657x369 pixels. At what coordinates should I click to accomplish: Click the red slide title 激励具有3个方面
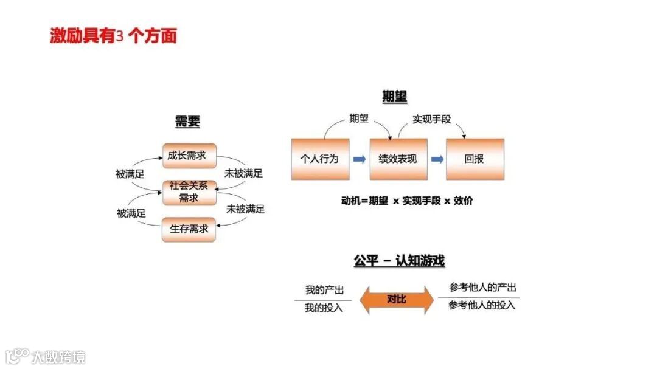(113, 36)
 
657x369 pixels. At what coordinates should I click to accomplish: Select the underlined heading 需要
(187, 121)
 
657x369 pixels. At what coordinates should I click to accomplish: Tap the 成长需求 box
(189, 156)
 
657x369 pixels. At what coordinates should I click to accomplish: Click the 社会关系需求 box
(189, 192)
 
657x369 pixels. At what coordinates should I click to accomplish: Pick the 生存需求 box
(189, 229)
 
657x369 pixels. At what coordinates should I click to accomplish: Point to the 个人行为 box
(320, 159)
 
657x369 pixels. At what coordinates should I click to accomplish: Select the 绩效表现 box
(398, 159)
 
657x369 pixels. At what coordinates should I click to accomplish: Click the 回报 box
(474, 159)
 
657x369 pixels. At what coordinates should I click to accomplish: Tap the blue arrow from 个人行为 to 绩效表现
(360, 159)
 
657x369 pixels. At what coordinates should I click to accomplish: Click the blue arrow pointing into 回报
(437, 159)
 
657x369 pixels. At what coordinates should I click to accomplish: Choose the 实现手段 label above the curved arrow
(432, 119)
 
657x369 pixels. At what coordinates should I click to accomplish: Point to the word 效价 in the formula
(463, 201)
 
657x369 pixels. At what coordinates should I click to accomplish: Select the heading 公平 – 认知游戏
(399, 261)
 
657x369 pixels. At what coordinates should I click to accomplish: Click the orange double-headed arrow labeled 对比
(397, 299)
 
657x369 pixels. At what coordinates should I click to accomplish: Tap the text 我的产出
(324, 291)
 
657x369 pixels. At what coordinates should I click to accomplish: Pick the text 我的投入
(324, 308)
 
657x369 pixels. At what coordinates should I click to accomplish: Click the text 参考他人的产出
(482, 288)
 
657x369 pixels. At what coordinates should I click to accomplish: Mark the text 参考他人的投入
(482, 305)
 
